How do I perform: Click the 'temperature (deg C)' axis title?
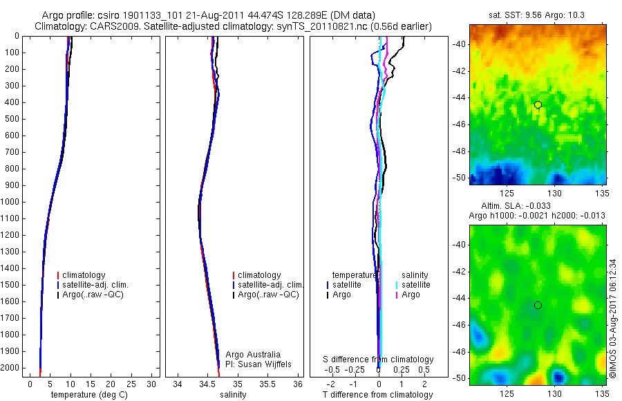pos(90,395)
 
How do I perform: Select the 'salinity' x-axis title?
pos(232,395)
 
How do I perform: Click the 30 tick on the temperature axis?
pos(152,384)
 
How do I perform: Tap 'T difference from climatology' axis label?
pos(377,395)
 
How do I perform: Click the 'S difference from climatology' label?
pos(378,360)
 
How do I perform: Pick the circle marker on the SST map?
pos(538,104)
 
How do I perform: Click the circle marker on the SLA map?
pos(538,305)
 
